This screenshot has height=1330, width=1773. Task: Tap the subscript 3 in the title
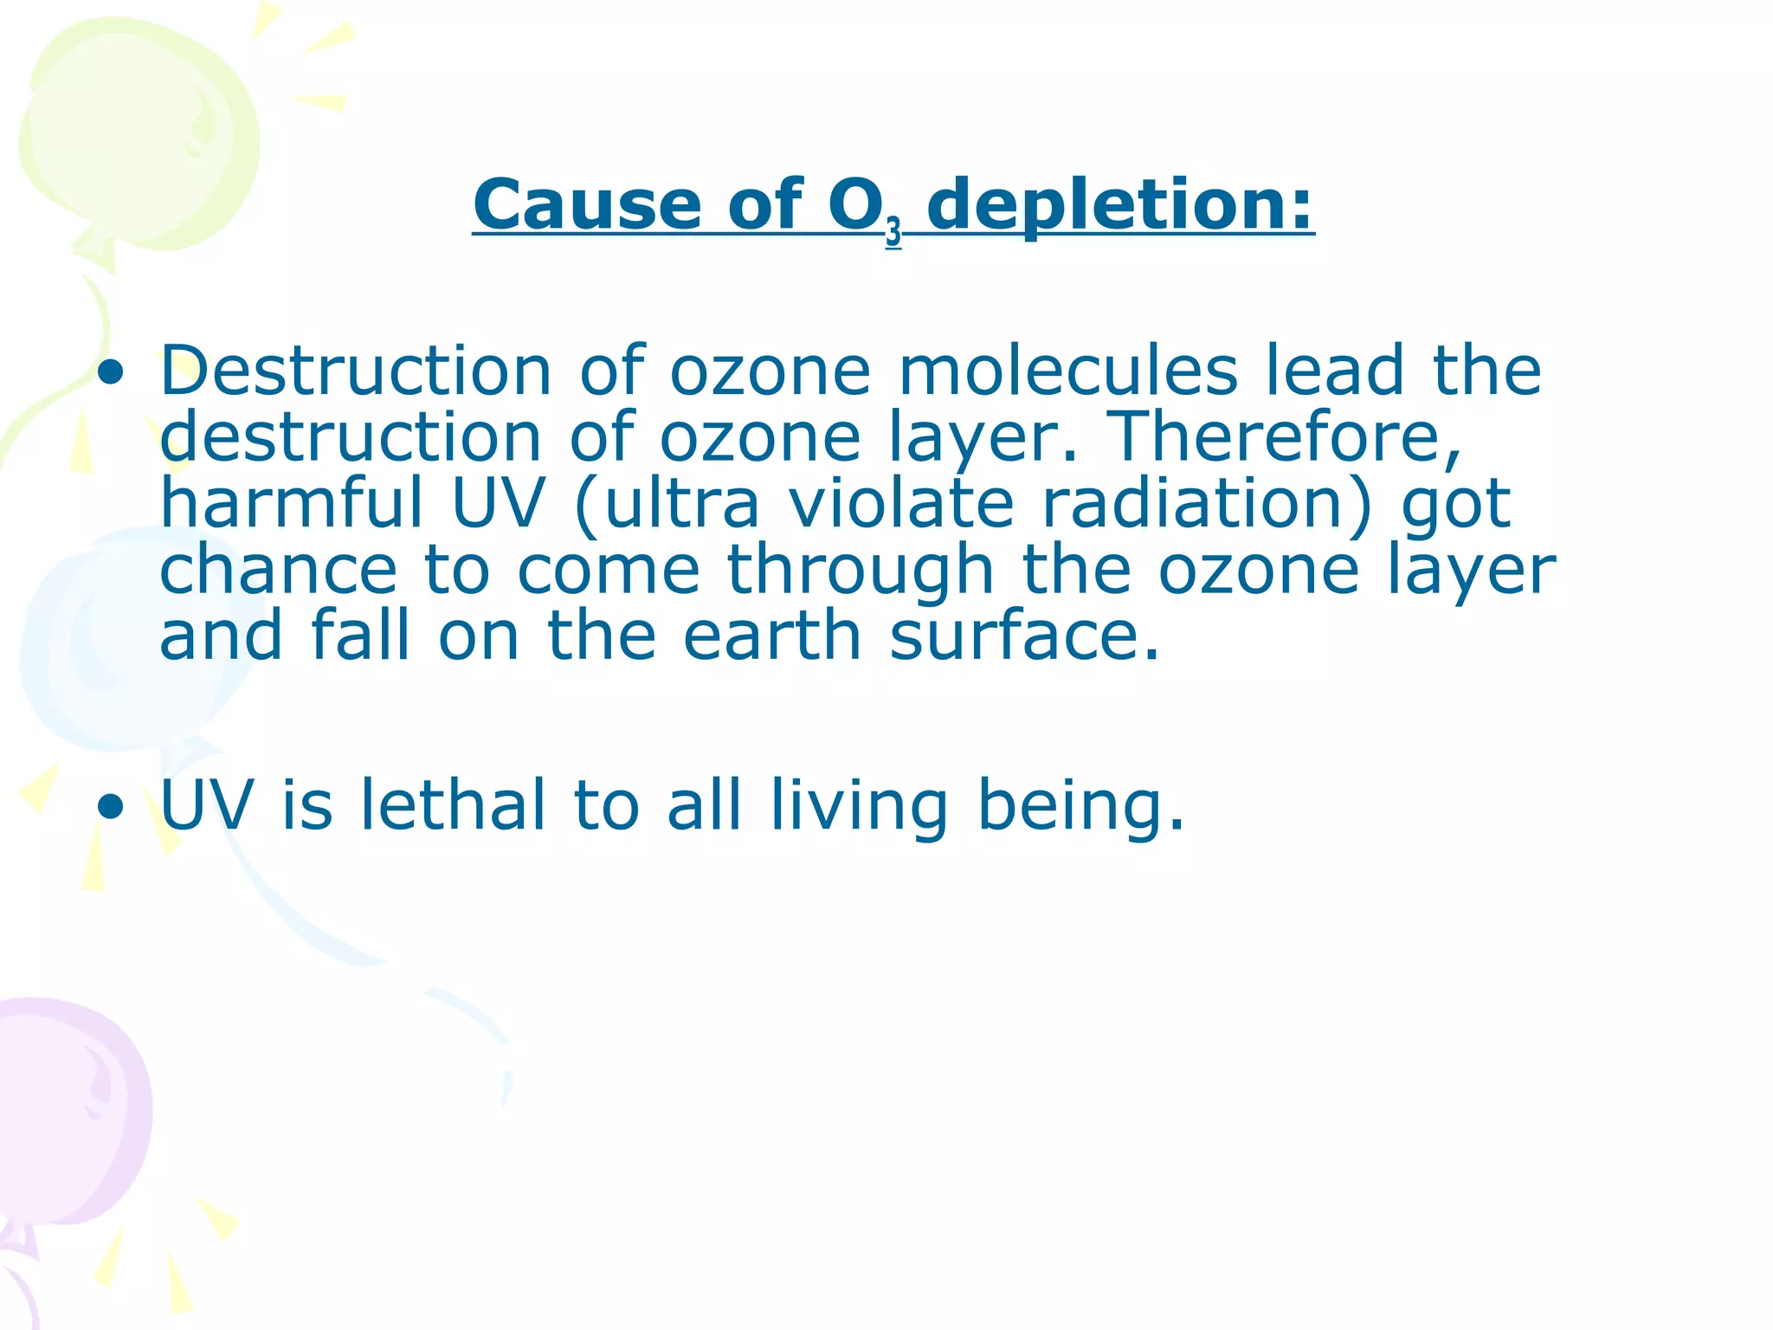[893, 232]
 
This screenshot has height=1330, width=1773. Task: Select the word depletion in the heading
[1119, 206]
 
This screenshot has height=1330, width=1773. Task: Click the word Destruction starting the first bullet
[356, 371]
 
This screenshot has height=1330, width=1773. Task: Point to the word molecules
[1068, 371]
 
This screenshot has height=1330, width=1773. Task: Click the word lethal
[453, 805]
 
